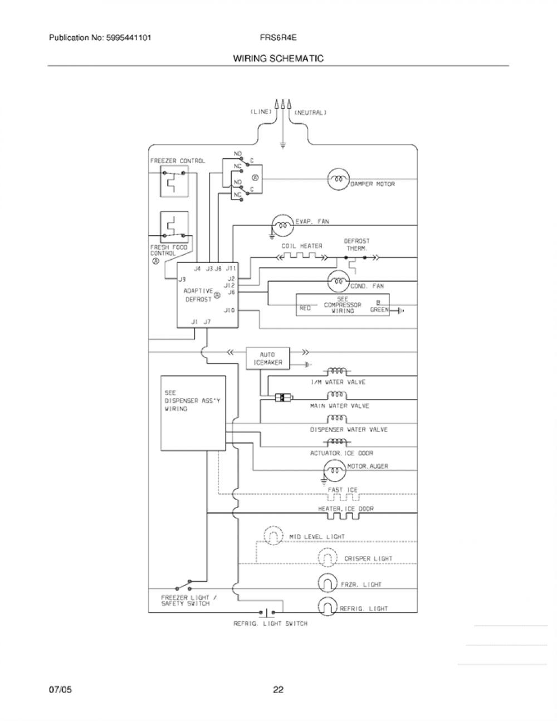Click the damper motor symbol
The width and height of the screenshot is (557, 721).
pos(338,179)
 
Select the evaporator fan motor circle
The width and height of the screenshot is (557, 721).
pos(283,225)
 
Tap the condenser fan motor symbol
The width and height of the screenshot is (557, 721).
pos(339,281)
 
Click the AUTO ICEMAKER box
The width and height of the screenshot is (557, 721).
pos(267,358)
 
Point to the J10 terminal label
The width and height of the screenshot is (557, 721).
pos(229,310)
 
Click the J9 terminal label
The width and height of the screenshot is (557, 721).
pos(182,279)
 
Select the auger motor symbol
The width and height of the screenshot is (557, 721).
pos(335,470)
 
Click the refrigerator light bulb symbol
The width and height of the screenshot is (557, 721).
pos(328,607)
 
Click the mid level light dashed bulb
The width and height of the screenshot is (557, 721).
pos(273,535)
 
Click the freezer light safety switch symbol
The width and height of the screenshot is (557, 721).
pos(183,586)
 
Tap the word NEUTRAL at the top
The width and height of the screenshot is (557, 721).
pos(311,113)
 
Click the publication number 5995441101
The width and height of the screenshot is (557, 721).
pos(128,37)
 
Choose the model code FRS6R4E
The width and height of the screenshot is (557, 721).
pos(278,37)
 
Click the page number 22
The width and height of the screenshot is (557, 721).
pos(278,690)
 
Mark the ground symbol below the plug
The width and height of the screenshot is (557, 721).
pos(282,145)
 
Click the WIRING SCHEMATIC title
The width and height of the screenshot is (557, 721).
pos(278,59)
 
